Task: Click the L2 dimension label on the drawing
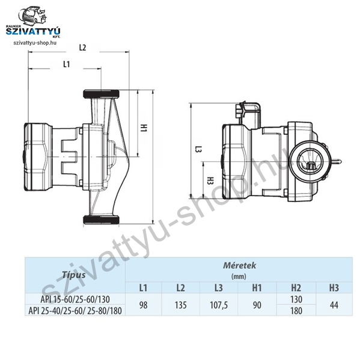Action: (x=82, y=48)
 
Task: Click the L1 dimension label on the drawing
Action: (x=67, y=64)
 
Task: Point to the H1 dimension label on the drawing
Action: (x=144, y=128)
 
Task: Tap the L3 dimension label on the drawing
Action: (x=198, y=149)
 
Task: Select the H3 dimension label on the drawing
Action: (x=210, y=180)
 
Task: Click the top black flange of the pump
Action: (x=101, y=94)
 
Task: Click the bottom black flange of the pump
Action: (x=101, y=220)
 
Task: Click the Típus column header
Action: (x=73, y=275)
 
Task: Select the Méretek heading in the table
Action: (x=239, y=265)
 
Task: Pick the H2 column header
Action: (x=296, y=288)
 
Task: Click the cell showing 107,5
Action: (x=219, y=305)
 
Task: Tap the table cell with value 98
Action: (x=143, y=305)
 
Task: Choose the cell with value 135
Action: (x=180, y=305)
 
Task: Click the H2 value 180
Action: (x=296, y=310)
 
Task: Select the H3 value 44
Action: (x=334, y=305)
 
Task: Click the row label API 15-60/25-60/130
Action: (x=75, y=299)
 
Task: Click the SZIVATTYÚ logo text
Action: (x=33, y=31)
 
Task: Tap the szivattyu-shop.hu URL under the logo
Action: (x=35, y=43)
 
